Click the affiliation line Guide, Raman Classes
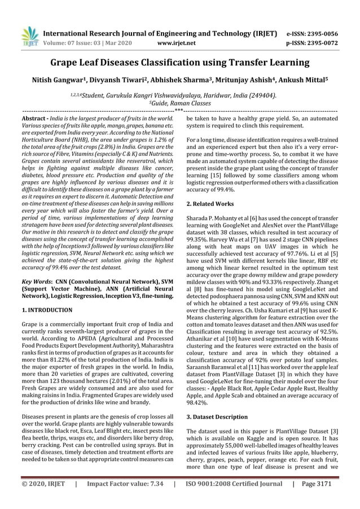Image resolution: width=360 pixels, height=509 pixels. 180,103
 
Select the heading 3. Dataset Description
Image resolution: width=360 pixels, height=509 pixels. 217,417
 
